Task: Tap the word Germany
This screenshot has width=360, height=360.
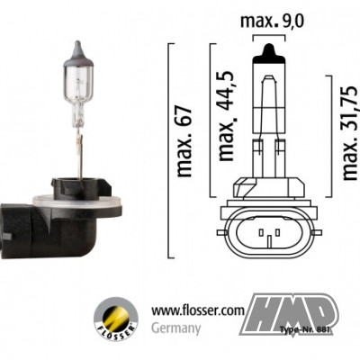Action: click(175, 328)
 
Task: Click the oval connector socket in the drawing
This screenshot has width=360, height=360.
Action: click(269, 238)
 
